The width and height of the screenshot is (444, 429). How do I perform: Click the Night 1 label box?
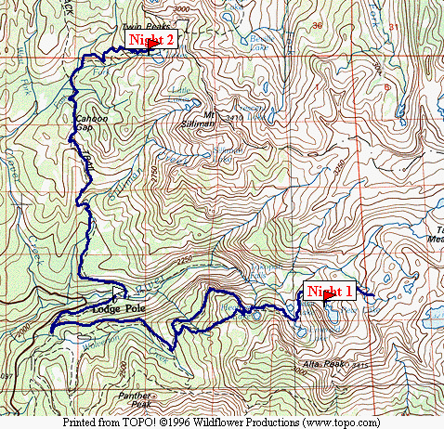(330, 291)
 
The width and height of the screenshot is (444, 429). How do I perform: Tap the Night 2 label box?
(151, 38)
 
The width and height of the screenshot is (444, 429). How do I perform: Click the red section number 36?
(318, 24)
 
